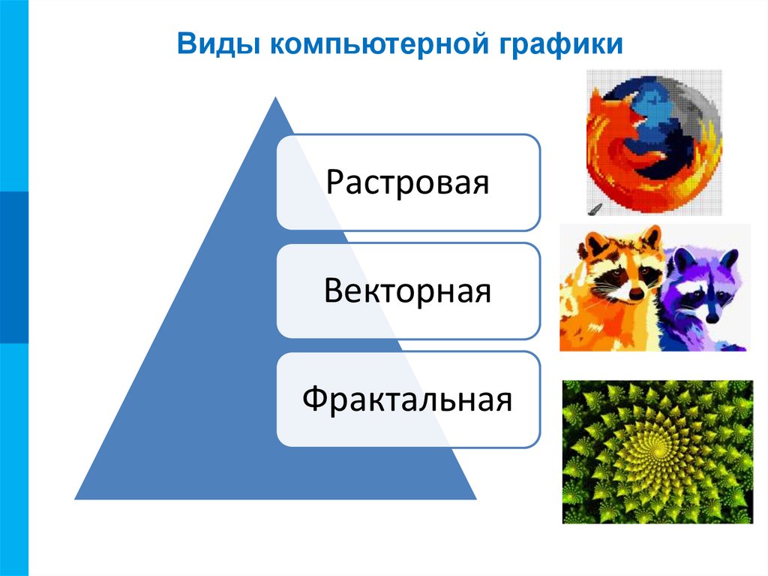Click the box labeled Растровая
coord(408,182)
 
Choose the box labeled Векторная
coord(408,291)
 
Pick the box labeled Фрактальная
coord(408,399)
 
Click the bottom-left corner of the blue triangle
coord(76,498)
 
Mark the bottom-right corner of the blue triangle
coord(475,498)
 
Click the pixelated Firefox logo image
coord(653,142)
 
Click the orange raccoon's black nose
coord(636,294)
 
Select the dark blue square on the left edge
coord(13,267)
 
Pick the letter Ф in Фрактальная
coord(314,400)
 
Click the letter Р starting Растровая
coord(334,182)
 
